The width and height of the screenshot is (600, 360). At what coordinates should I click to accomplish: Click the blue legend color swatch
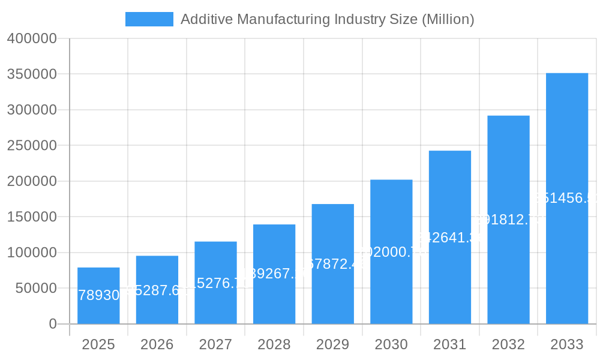click(149, 19)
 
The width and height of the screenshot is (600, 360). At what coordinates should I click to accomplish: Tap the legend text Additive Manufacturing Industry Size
click(327, 19)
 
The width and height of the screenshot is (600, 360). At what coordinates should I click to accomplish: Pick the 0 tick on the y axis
click(53, 324)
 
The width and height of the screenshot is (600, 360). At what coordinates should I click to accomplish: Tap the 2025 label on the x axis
click(98, 344)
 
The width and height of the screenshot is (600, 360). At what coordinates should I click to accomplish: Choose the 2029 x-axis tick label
click(332, 344)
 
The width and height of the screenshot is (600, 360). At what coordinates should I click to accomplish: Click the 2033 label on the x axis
click(567, 344)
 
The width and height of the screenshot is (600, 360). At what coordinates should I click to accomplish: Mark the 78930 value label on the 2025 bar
click(99, 295)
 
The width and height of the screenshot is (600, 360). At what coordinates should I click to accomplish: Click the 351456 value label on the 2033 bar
click(567, 198)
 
